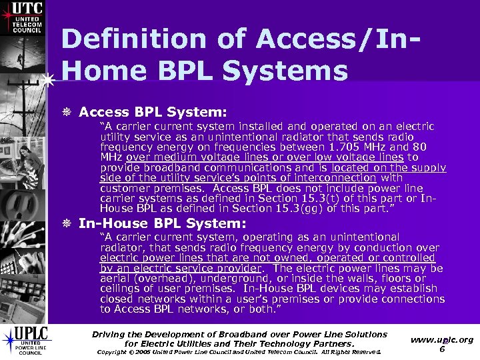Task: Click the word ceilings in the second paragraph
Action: pyautogui.click(x=122, y=289)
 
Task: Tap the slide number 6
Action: pyautogui.click(x=442, y=349)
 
